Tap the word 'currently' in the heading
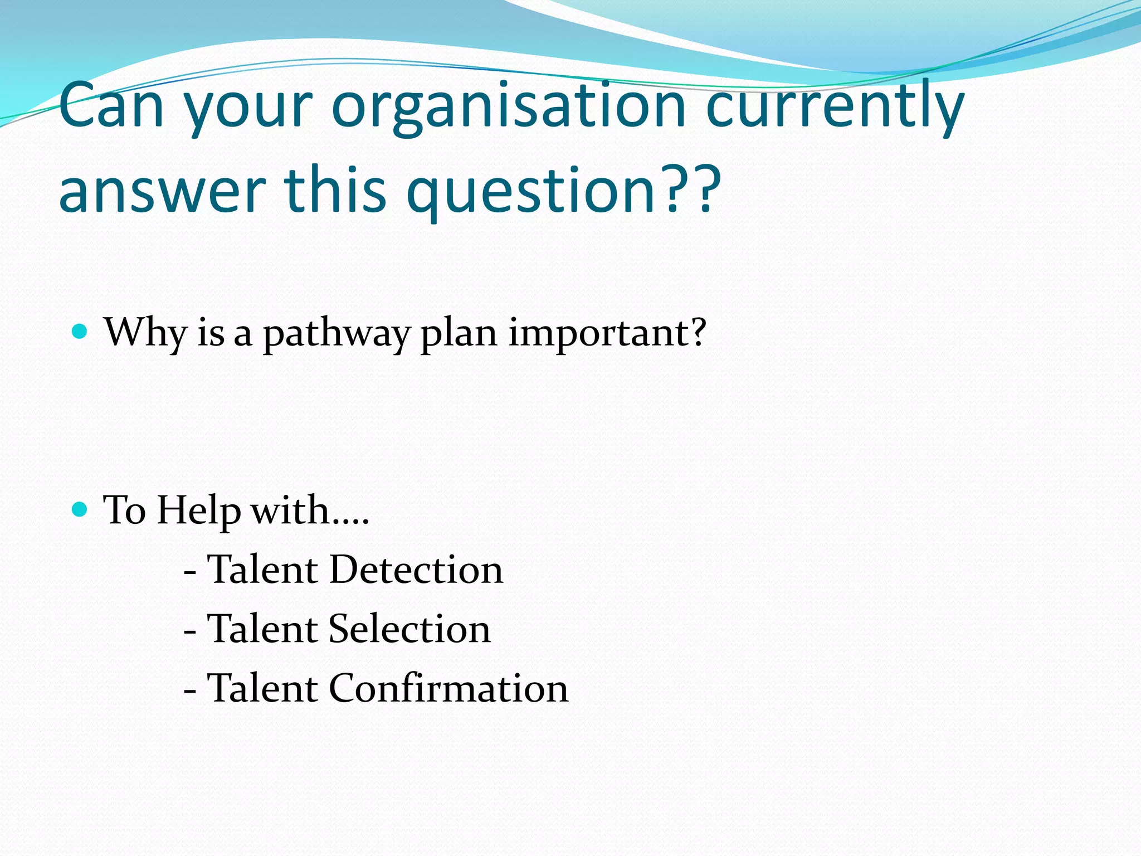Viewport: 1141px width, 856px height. coord(835,106)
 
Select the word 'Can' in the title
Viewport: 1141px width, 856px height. coord(111,106)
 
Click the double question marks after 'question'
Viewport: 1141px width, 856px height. coord(690,189)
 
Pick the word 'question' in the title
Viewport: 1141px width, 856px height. coord(531,192)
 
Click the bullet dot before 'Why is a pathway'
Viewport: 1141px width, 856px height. coord(80,332)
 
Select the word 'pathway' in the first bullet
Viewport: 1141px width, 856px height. coord(336,334)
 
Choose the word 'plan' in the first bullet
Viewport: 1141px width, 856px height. coord(459,334)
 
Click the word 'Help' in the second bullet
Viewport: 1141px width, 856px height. coord(199,511)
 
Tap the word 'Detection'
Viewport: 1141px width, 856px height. coord(416,570)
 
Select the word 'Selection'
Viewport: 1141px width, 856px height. coord(409,629)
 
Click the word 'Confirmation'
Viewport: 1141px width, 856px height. coord(448,688)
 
